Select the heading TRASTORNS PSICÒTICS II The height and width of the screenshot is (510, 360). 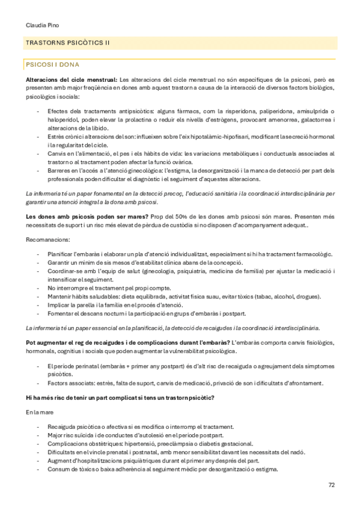click(x=67, y=43)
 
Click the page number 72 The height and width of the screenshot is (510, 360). click(x=331, y=484)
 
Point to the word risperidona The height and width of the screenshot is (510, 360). click(x=241, y=111)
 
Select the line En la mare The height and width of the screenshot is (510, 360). click(x=40, y=413)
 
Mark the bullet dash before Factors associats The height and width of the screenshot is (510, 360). click(x=39, y=382)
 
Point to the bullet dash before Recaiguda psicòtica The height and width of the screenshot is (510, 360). click(x=39, y=426)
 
